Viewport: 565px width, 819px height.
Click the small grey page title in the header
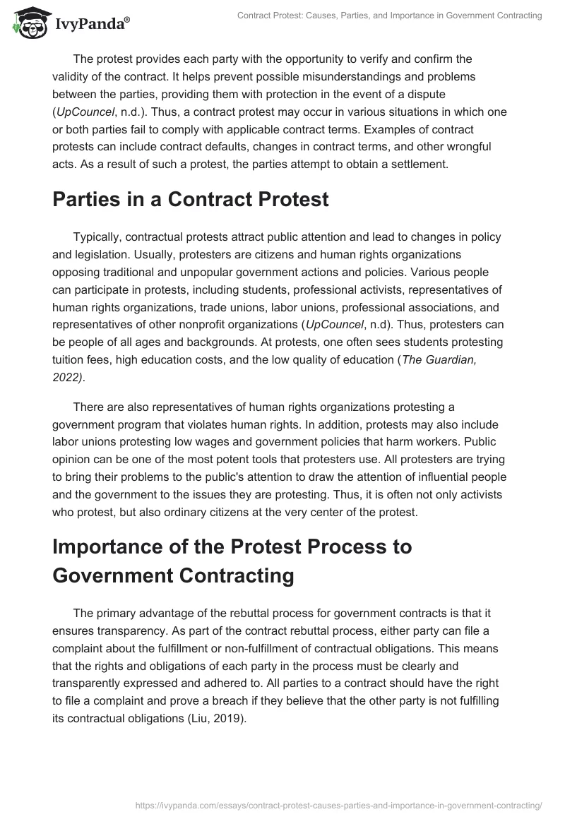coord(390,16)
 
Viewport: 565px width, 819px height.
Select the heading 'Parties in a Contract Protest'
coord(191,199)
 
